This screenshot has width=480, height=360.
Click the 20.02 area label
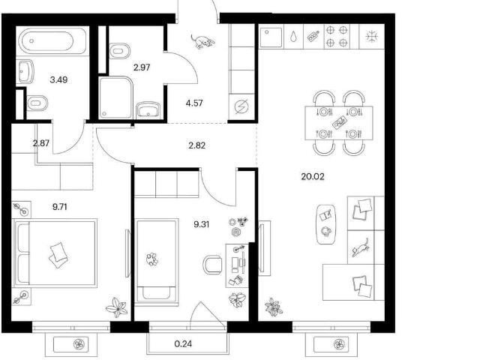[313, 177]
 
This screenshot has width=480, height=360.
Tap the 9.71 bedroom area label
[60, 207]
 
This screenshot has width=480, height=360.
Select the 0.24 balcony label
[183, 343]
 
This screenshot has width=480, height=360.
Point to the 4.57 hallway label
[194, 103]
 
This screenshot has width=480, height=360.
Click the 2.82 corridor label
[196, 145]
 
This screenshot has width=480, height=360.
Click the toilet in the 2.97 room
[119, 51]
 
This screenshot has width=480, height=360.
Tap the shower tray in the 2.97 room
[115, 97]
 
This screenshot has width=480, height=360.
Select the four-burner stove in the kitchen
[337, 37]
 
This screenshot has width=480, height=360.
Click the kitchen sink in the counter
[271, 37]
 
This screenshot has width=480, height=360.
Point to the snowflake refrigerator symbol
[372, 37]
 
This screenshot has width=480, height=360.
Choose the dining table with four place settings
[339, 123]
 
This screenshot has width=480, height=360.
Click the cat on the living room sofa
[360, 247]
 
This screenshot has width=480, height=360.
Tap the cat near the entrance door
[202, 41]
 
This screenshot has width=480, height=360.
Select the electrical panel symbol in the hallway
[241, 107]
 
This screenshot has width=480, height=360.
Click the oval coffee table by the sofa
[325, 224]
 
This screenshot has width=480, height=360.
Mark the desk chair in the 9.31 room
[212, 265]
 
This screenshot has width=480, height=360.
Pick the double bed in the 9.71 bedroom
[55, 253]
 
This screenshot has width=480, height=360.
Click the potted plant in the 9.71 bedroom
[117, 307]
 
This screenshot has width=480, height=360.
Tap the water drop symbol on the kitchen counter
[293, 37]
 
